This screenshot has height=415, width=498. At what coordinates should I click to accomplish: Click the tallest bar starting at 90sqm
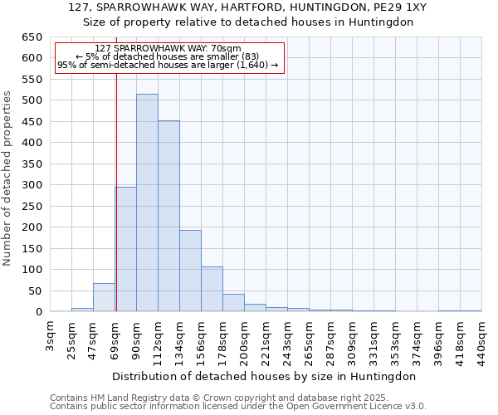pyautogui.click(x=147, y=203)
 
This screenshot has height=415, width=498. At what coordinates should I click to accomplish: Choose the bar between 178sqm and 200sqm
pyautogui.click(x=233, y=303)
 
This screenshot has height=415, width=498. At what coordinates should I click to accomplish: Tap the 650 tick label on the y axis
pyautogui.click(x=31, y=37)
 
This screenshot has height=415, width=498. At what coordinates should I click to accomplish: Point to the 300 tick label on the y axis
pyautogui.click(x=31, y=185)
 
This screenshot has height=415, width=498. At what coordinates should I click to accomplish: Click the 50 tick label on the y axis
pyautogui.click(x=34, y=291)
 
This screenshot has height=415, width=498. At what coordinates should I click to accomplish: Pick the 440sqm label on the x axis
pyautogui.click(x=482, y=339)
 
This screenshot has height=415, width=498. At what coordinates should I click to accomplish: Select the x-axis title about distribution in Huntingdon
pyautogui.click(x=263, y=376)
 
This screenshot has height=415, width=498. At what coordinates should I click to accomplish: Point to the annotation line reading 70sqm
pyautogui.click(x=168, y=48)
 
